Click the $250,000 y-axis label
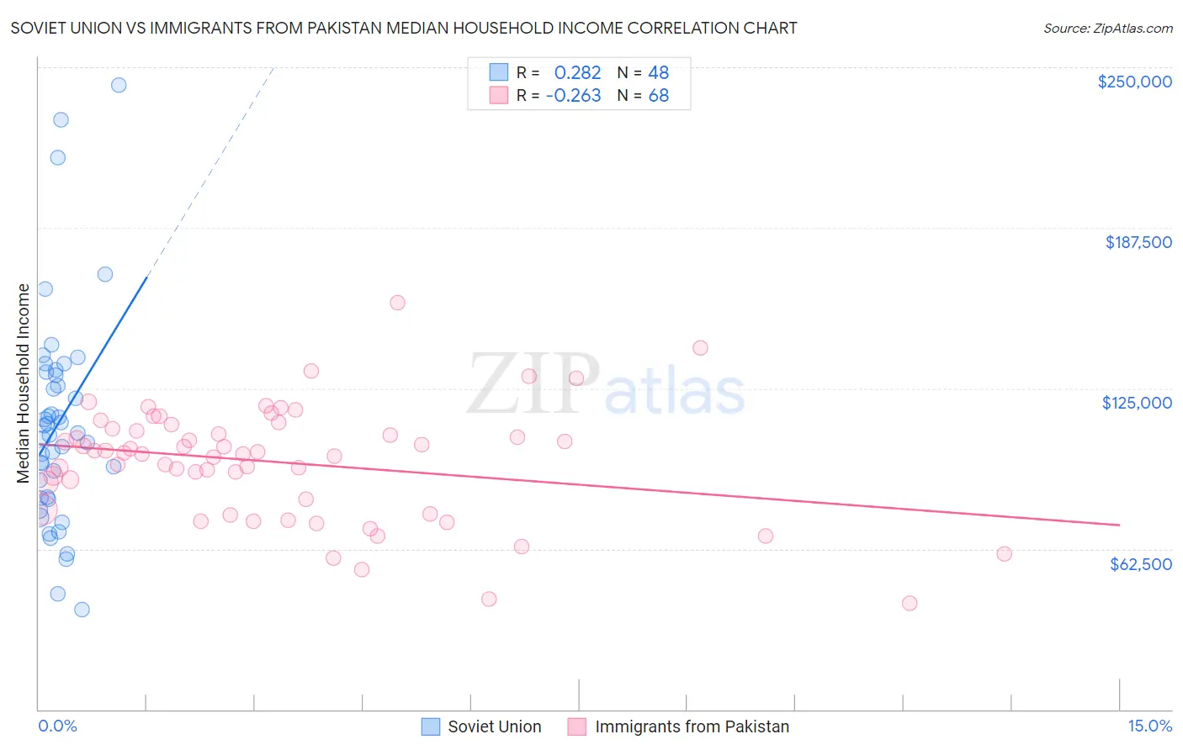1134,82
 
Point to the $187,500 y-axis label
1138,242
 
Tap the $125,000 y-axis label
1137,403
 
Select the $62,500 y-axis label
1140,564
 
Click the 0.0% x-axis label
57,726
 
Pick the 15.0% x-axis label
1149,726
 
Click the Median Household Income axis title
24,383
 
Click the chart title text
404,28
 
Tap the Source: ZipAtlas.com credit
1107,29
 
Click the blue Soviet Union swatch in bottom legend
431,726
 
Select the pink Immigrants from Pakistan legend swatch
576,726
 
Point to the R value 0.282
577,73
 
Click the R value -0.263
573,96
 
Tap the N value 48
658,73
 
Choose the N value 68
658,96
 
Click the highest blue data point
119,85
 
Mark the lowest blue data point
82,610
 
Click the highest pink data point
398,303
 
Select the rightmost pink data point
1004,554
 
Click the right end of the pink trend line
1119,525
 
